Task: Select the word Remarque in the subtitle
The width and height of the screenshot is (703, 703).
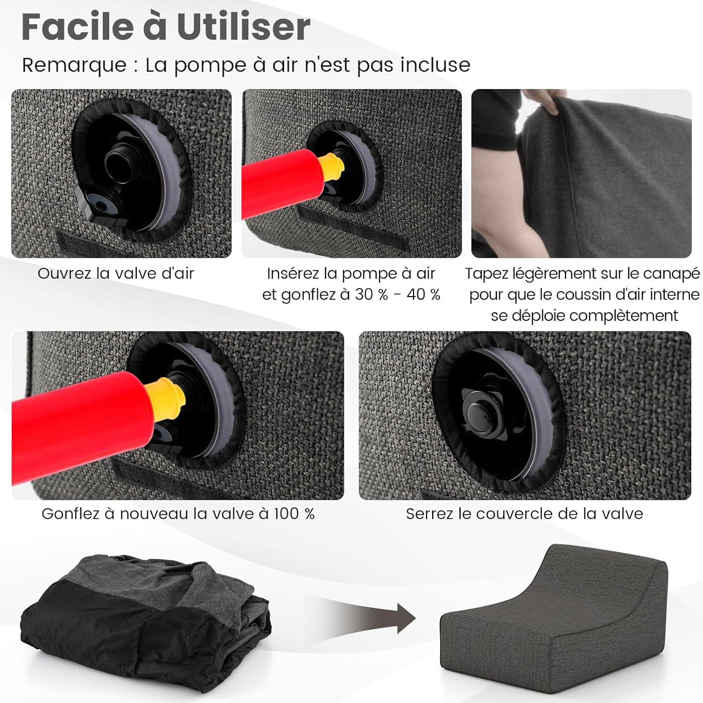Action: [x=74, y=66]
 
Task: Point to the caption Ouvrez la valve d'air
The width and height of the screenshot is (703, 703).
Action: [x=116, y=273]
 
